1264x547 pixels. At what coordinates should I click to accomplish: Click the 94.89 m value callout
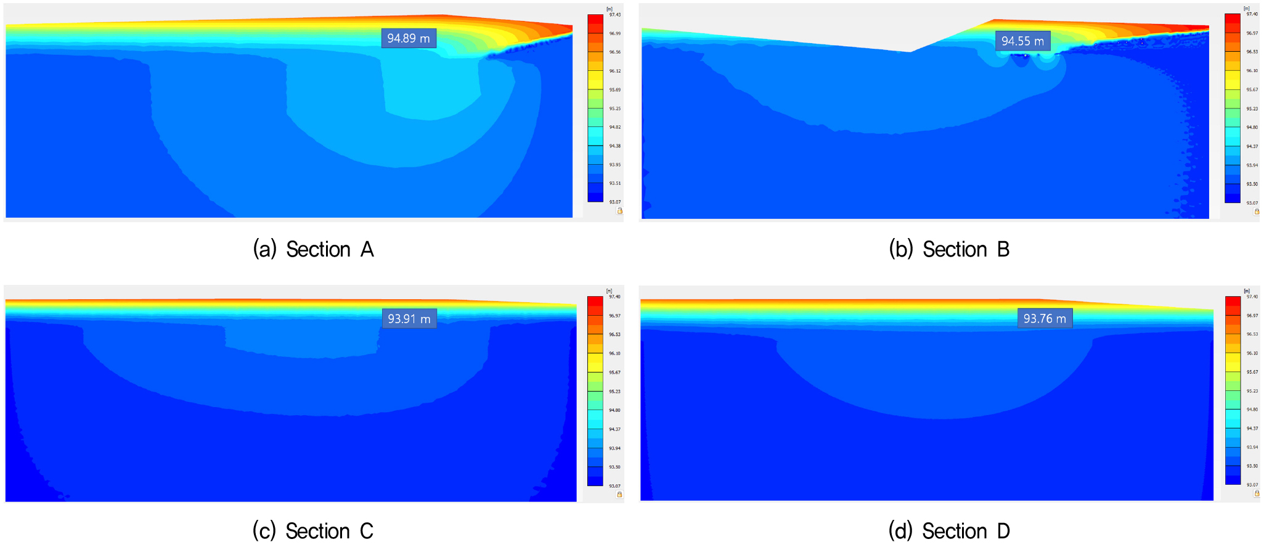point(409,38)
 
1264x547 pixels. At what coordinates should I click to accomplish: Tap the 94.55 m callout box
point(1022,41)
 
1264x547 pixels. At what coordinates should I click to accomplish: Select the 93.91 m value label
point(409,319)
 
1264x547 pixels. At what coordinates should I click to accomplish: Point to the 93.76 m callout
point(1045,318)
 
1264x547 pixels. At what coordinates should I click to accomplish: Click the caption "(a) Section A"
point(313,249)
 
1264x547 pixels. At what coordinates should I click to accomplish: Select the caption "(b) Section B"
point(949,249)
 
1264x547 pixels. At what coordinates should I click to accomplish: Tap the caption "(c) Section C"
point(313,531)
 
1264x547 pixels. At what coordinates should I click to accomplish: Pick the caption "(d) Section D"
point(949,531)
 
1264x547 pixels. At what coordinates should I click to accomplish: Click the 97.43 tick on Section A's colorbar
point(615,15)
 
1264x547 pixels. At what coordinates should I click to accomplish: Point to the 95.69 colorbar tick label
point(615,90)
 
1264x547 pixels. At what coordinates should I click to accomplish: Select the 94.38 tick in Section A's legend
point(615,146)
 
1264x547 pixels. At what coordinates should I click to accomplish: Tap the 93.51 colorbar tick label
point(615,183)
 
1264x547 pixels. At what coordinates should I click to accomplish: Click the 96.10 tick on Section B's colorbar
point(1252,71)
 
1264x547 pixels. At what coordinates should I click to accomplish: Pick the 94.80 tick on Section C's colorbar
point(614,410)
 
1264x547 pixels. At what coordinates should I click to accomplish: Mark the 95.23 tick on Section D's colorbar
point(1252,391)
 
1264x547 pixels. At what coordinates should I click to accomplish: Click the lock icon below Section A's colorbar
point(619,211)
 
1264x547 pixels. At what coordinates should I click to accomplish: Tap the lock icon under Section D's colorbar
point(1257,493)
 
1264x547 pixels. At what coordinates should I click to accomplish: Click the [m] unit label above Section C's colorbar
point(609,291)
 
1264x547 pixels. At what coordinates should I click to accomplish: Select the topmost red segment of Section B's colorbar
point(1232,19)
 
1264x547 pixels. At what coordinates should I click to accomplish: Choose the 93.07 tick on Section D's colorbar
point(1252,485)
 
